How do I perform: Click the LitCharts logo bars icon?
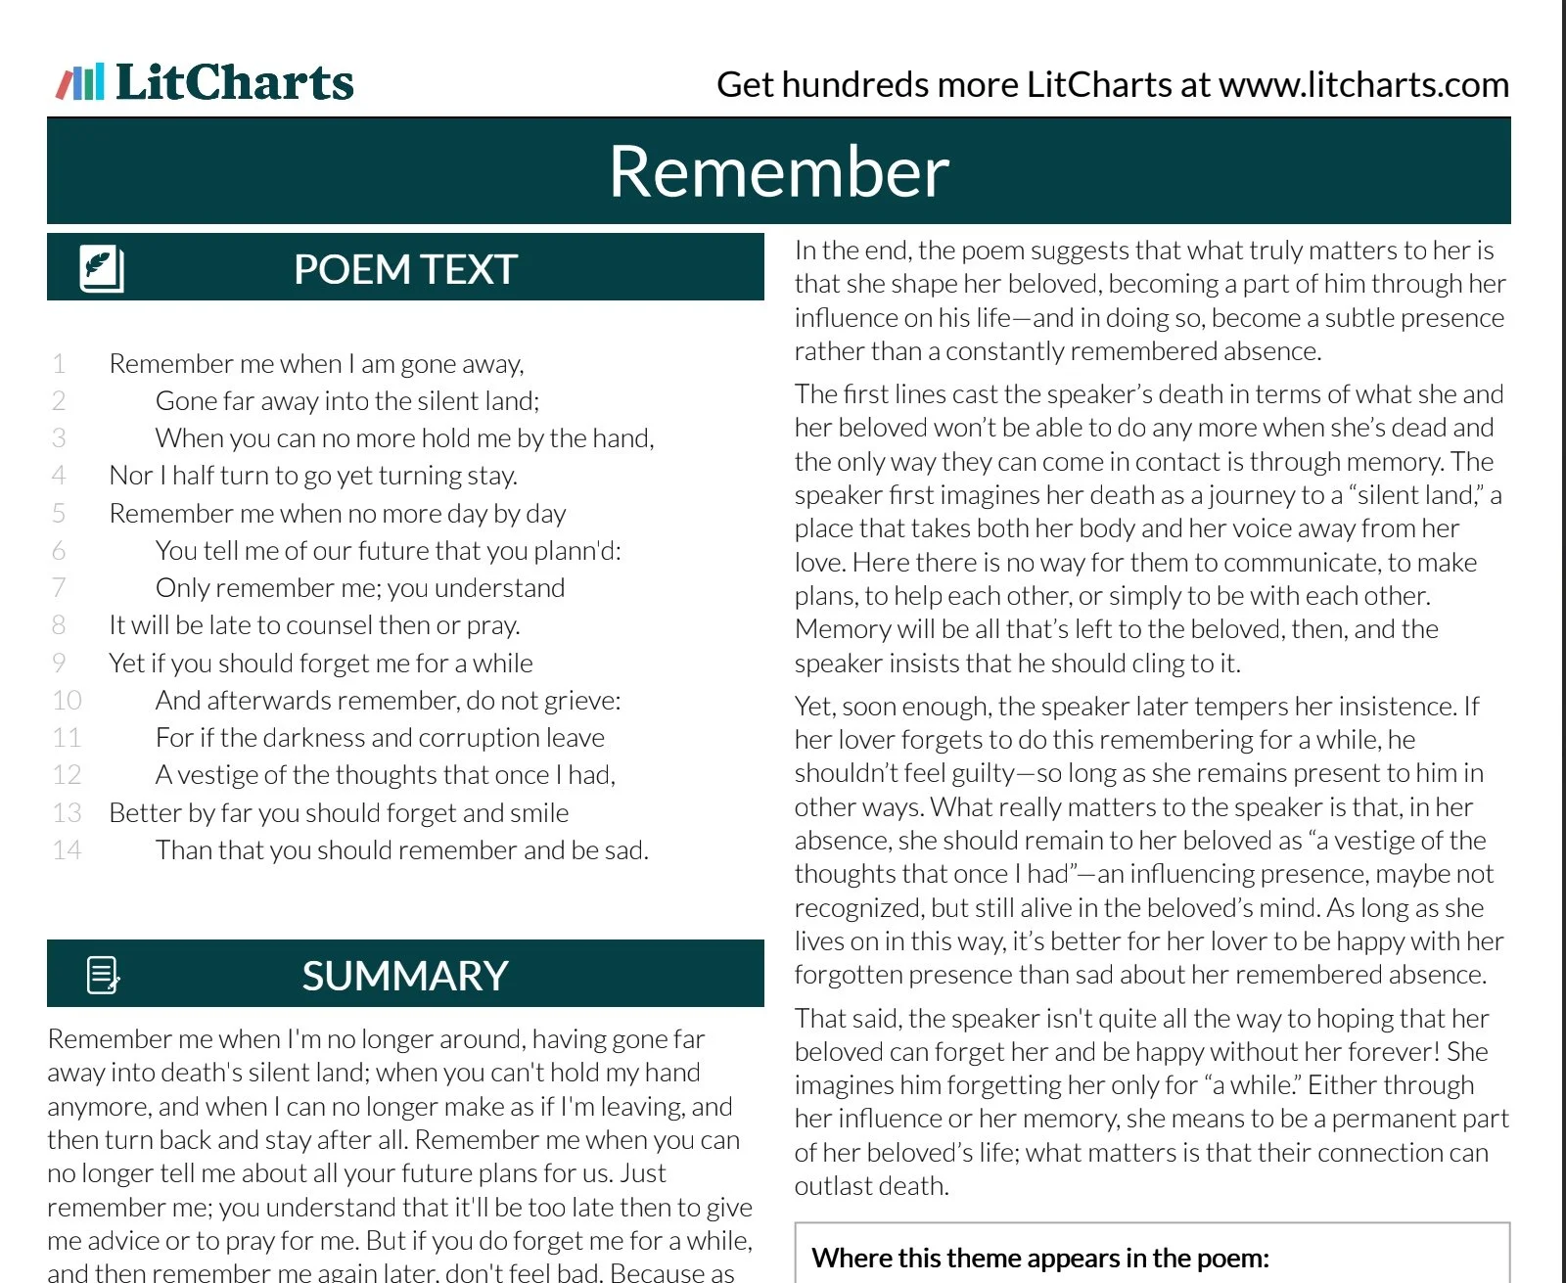coord(80,82)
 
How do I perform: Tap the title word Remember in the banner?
coord(778,171)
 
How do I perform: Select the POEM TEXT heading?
coord(405,269)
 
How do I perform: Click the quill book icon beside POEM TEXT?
coord(101,268)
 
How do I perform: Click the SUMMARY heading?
coord(405,976)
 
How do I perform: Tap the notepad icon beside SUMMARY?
coord(103,975)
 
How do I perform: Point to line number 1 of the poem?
coord(59,364)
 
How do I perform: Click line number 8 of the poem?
coord(59,625)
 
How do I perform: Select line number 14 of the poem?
coord(67,850)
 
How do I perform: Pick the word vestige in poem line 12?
coord(231,775)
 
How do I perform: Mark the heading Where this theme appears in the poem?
coord(1040,1258)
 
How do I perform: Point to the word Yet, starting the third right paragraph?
coord(813,707)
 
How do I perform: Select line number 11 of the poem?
coord(67,738)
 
